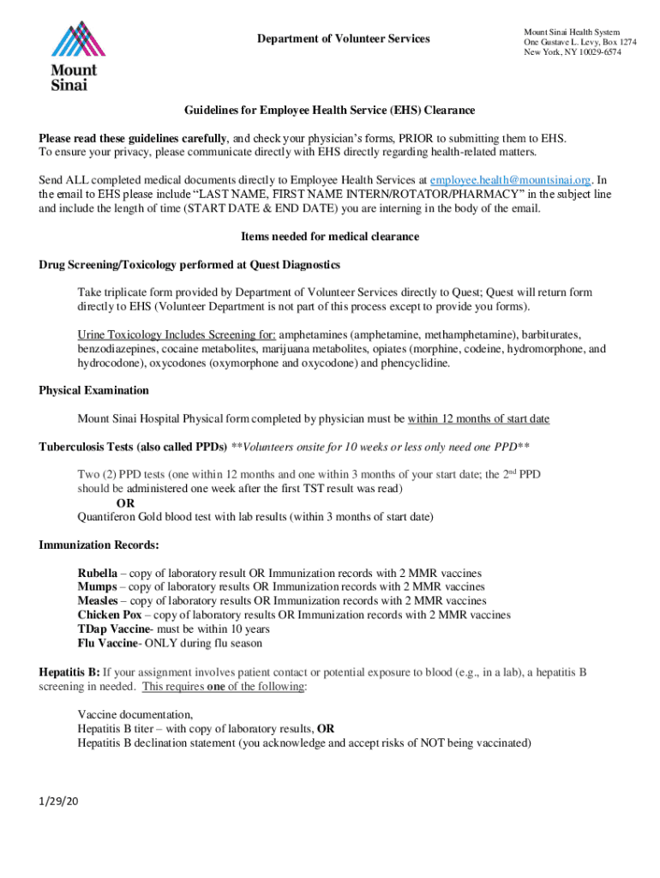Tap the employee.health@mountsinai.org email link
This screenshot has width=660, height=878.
(511, 180)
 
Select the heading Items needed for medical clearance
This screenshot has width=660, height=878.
(330, 236)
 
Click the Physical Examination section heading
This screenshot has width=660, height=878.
(93, 390)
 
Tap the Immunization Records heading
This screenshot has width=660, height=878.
(99, 545)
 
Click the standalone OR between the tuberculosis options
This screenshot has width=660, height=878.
(125, 502)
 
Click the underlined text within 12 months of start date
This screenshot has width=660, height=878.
(478, 418)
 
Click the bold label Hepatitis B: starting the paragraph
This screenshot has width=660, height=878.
(69, 672)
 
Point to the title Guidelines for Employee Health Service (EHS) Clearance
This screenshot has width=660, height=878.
(330, 111)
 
